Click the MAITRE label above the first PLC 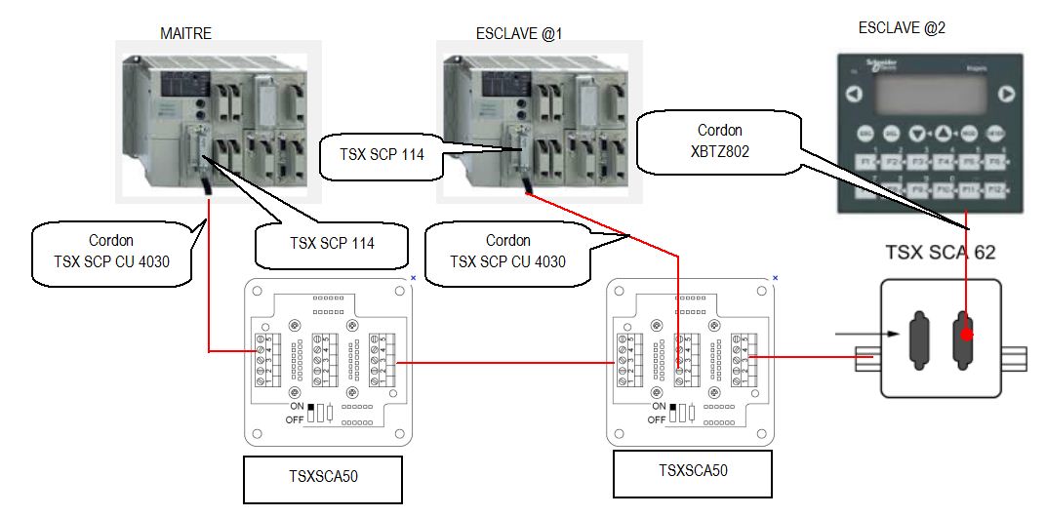[185, 33]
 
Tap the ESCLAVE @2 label [902, 28]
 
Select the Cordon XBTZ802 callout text [720, 139]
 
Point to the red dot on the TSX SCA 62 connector [966, 335]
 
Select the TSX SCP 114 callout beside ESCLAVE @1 [382, 153]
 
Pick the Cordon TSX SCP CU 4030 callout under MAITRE [111, 250]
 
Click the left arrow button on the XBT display [854, 96]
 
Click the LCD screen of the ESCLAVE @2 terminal [931, 95]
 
